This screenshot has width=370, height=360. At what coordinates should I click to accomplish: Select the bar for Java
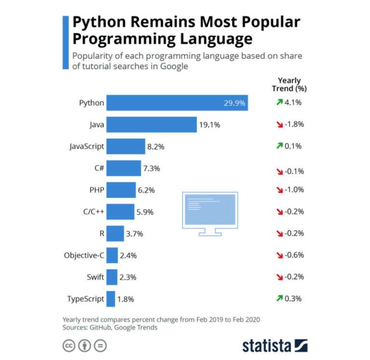[151, 125]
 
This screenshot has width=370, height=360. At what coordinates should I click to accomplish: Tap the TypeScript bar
[111, 299]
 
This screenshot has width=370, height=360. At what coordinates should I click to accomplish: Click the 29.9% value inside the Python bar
[235, 103]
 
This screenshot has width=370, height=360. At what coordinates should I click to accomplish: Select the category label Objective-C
[84, 255]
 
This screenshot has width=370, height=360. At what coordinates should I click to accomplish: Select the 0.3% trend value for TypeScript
[293, 299]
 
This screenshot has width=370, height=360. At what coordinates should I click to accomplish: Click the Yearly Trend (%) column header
[289, 84]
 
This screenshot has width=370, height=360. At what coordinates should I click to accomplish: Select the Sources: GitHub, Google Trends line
[110, 328]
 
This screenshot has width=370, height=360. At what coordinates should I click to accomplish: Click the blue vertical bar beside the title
[66, 42]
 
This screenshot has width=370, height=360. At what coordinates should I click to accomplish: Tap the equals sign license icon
[100, 346]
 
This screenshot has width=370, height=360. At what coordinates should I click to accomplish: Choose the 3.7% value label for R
[135, 234]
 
